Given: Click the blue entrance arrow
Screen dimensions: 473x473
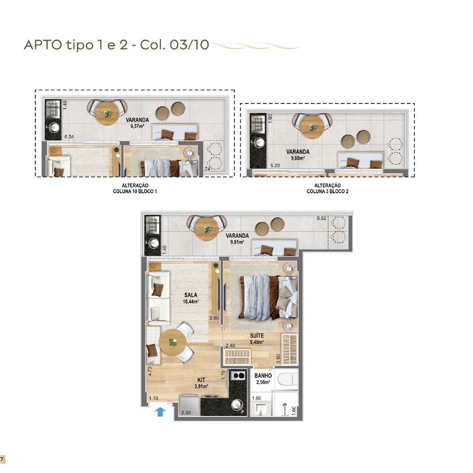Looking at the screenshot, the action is tap(160, 412).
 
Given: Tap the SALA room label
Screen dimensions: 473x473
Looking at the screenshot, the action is tap(191, 295).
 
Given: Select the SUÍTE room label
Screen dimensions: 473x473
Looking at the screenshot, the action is tap(257, 336).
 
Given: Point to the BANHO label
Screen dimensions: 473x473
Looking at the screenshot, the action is tap(263, 376).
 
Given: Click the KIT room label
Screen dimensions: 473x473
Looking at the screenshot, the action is tap(201, 380).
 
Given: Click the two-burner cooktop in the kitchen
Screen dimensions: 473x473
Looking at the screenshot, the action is tap(238, 376).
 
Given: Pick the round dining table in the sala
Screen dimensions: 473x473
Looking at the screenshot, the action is tap(173, 342).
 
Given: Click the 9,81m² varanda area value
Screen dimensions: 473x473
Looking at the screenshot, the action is tap(237, 242).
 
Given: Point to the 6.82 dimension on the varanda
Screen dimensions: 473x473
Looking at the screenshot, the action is tap(321, 218).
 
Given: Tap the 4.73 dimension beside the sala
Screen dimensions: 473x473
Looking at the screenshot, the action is tap(150, 371).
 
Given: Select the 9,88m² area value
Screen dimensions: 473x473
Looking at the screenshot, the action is tap(298, 158).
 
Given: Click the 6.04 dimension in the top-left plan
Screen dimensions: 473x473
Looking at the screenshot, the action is tap(69, 137).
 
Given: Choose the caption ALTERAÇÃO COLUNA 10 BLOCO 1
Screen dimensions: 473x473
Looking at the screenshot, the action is tap(135, 188).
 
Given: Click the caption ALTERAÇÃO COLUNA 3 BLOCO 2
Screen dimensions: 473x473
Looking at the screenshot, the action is tap(328, 188).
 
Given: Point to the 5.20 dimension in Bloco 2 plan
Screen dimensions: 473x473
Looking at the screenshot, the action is tap(275, 165).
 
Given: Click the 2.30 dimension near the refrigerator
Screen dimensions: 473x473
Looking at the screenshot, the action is tap(186, 413).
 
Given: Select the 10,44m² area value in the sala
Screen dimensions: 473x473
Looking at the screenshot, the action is tap(191, 301).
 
